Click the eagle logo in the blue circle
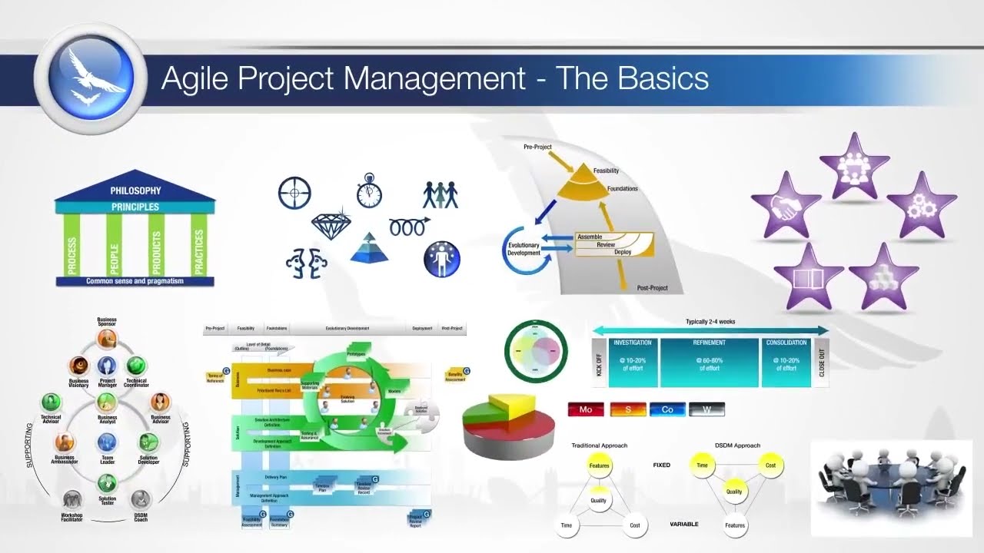[91, 75]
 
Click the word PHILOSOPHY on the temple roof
[135, 190]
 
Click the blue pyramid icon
[364, 248]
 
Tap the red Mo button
[586, 409]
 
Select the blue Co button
[667, 409]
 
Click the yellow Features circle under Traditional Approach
[599, 465]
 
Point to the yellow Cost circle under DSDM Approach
[770, 465]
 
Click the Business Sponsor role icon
[106, 336]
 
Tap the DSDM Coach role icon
[140, 500]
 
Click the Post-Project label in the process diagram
[652, 288]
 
